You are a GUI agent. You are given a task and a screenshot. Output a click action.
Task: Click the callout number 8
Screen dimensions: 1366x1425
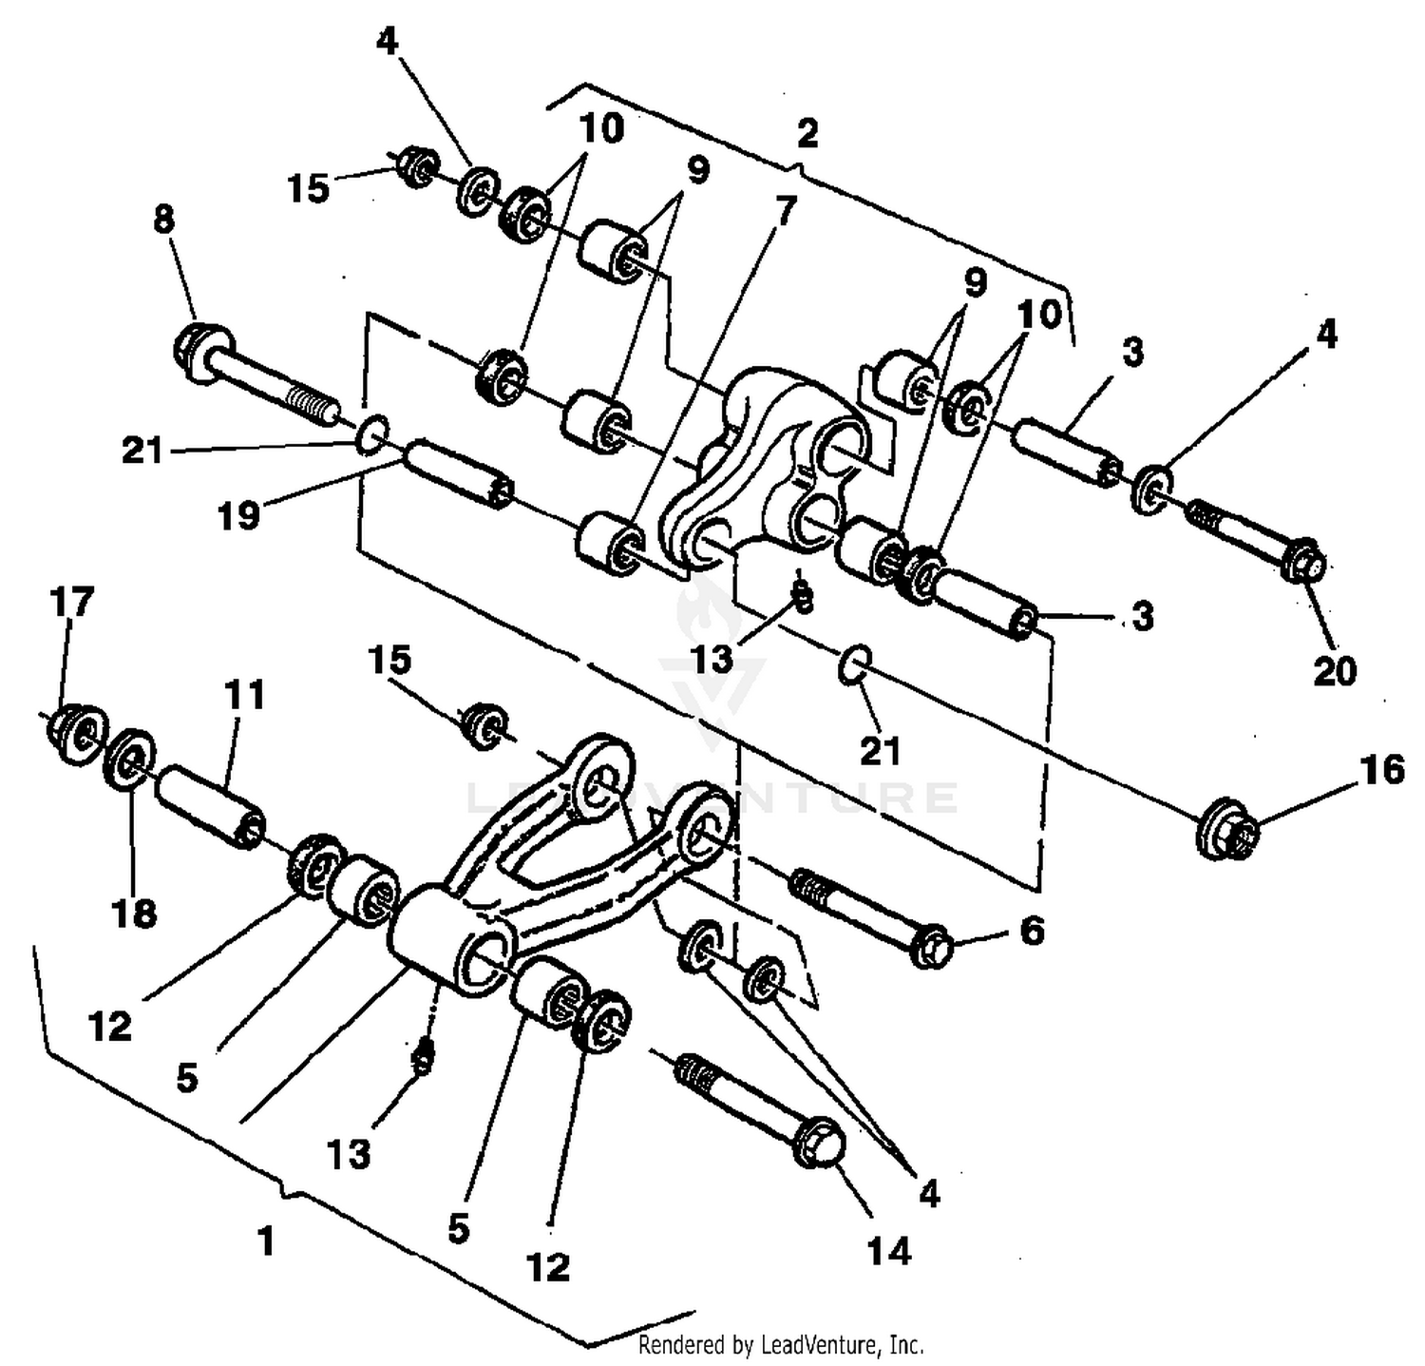[x=163, y=220]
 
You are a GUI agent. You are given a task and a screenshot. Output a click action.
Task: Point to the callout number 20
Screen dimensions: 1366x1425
[x=1334, y=671]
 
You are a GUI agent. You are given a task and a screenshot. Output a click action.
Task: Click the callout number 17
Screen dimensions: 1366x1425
[x=72, y=602]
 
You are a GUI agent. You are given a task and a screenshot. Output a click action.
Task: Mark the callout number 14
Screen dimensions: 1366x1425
[x=888, y=1252]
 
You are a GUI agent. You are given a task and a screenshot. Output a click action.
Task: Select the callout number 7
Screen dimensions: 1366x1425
[x=785, y=212]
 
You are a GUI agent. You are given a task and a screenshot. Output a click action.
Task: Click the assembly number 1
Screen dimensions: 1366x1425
[x=266, y=1241]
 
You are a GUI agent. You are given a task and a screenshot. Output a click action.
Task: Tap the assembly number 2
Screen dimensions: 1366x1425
[x=807, y=132]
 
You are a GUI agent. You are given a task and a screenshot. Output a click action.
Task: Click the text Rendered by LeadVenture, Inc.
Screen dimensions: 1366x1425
[x=780, y=1345]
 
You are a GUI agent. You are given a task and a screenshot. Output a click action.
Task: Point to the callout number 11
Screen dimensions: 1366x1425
[x=244, y=695]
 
